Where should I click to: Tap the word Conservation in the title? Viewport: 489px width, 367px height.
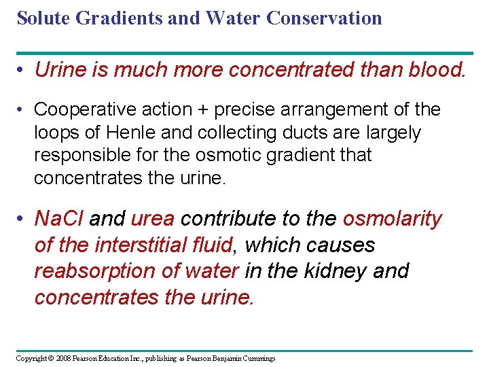click(325, 18)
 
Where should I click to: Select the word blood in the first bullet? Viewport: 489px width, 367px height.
click(436, 69)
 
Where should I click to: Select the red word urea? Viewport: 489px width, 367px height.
click(153, 219)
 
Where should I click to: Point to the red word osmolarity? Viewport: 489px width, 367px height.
click(392, 219)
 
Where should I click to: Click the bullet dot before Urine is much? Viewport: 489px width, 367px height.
click(23, 69)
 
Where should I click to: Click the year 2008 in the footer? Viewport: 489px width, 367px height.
click(63, 357)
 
